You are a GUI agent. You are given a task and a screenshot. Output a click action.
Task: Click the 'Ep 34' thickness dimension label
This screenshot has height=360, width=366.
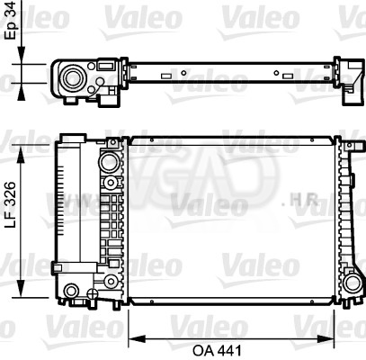click(11, 20)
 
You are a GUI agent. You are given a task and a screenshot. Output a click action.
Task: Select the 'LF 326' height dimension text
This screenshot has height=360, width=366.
click(11, 204)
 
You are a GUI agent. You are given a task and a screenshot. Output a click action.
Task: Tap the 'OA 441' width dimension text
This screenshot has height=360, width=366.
click(217, 350)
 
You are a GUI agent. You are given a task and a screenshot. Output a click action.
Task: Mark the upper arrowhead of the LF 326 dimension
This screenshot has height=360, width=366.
click(21, 155)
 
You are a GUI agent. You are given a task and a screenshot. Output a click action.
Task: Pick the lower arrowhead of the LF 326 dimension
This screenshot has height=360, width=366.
click(21, 288)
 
